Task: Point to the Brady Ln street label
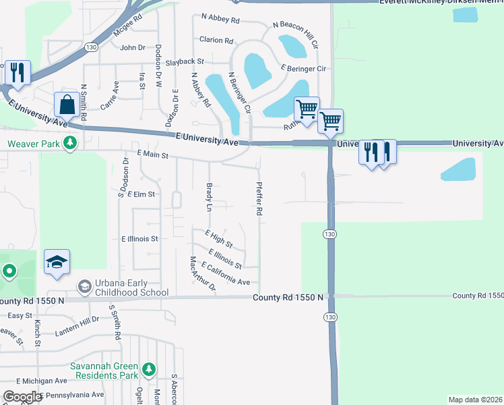click(209, 196)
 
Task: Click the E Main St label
click(152, 155)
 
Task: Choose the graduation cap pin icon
click(57, 263)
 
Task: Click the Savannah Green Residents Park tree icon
click(149, 370)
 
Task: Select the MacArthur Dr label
click(202, 275)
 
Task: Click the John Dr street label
click(133, 47)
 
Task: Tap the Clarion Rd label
click(216, 40)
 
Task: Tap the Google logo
click(22, 397)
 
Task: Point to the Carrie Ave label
click(109, 96)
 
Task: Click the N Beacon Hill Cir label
click(295, 34)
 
